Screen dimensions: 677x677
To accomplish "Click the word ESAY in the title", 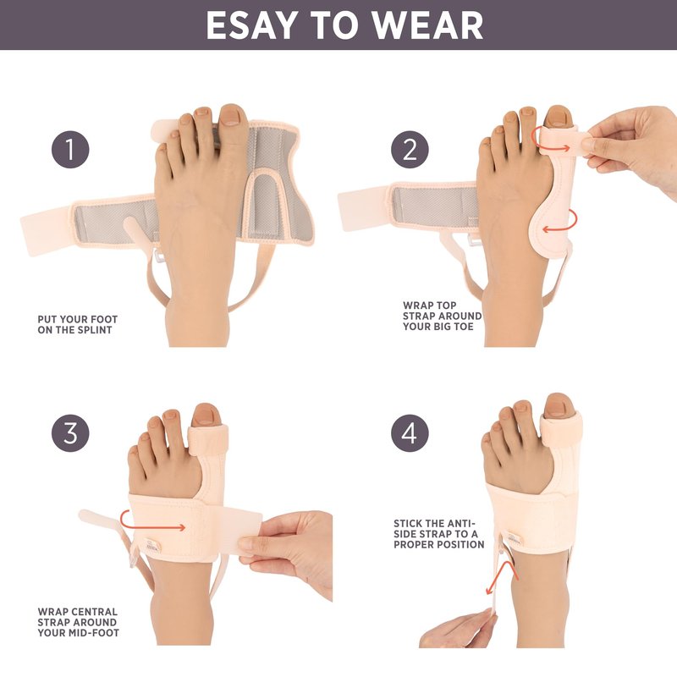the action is click(x=252, y=25).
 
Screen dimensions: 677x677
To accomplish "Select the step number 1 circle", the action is click(x=70, y=150).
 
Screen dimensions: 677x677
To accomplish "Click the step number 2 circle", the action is click(x=410, y=150).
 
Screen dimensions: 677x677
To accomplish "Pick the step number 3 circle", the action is click(x=70, y=433).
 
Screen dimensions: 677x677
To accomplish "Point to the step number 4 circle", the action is click(x=410, y=433).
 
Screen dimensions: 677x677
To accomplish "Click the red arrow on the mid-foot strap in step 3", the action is click(x=151, y=521).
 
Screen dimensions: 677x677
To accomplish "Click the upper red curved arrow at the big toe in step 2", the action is click(x=551, y=140).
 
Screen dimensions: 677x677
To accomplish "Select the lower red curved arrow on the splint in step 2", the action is click(x=561, y=221).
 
